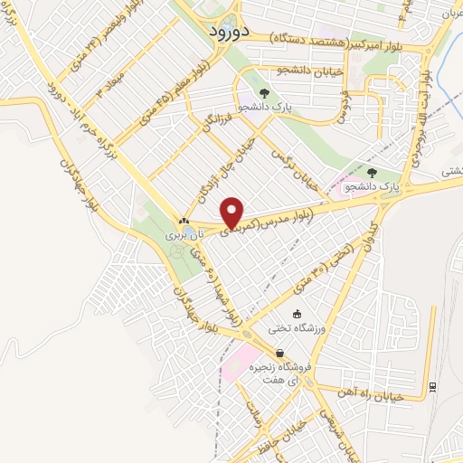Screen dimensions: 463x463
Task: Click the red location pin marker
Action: pos(233,213)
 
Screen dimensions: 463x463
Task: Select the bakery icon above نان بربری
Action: pos(184,221)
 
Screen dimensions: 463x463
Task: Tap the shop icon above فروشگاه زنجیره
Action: pos(279,354)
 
